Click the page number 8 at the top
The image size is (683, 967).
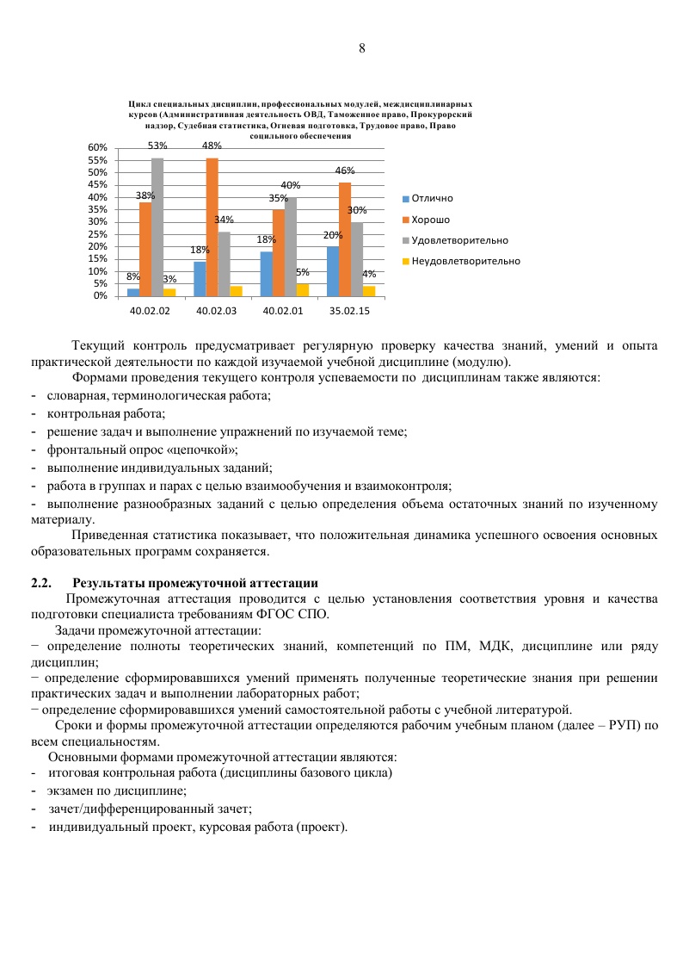tap(362, 48)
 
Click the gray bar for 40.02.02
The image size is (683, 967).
tap(157, 226)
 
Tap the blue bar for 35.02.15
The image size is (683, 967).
tap(333, 271)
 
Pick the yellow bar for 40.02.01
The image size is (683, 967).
tap(303, 289)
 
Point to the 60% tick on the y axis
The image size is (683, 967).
tap(96, 148)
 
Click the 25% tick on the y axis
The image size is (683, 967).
tap(96, 234)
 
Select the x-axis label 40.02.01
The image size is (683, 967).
tap(279, 308)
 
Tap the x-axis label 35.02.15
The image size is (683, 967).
tap(345, 308)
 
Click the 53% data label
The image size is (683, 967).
tap(157, 146)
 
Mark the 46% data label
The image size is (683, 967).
tap(345, 171)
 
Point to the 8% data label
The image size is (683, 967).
tap(133, 277)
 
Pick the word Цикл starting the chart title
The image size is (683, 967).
tap(138, 103)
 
